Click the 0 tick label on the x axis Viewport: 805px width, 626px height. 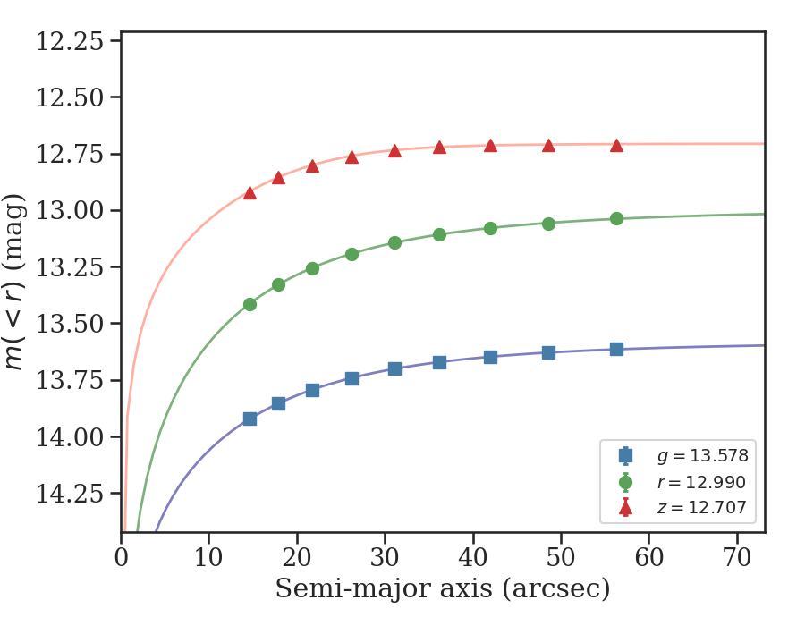coord(122,555)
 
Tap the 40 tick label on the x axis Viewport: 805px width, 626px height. coord(473,555)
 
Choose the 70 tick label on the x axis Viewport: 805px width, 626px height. coord(737,555)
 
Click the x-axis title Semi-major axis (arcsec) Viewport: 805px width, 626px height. coord(443,589)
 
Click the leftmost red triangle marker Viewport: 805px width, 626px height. coord(250,192)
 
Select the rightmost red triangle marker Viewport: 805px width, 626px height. coord(616,145)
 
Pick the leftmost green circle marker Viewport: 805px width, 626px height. coord(250,304)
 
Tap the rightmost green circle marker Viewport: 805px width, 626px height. coord(616,218)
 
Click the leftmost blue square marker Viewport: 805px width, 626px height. coord(250,419)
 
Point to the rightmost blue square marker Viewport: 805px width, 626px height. coord(616,349)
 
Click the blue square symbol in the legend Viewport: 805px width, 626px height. coord(625,456)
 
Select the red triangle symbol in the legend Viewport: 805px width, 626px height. coord(625,509)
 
